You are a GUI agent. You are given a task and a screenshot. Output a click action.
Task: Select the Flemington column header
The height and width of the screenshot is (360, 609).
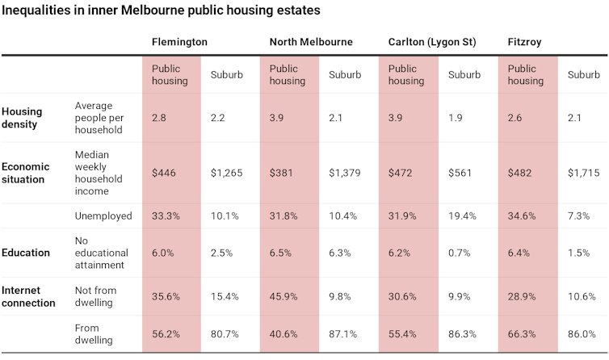[x=179, y=42]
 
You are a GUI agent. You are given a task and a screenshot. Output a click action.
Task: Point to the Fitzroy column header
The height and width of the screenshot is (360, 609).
[x=526, y=42]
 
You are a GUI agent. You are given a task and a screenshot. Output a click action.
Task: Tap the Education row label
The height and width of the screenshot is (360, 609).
[x=26, y=252]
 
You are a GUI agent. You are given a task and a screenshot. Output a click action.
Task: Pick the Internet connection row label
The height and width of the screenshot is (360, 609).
[x=29, y=296]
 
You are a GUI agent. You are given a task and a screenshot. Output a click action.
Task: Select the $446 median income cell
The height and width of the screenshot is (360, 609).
[x=163, y=173]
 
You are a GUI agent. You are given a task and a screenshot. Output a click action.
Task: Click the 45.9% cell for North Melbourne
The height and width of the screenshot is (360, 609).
[x=284, y=296]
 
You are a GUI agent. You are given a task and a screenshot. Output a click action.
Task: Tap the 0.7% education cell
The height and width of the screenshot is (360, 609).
[x=460, y=253]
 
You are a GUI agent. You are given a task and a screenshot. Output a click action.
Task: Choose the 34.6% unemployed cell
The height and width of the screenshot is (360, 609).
[x=523, y=216]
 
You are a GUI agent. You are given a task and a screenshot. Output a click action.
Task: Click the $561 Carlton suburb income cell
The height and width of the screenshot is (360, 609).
[x=461, y=173]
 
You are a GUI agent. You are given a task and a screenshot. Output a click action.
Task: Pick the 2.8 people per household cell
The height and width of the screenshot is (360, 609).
[x=159, y=118]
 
